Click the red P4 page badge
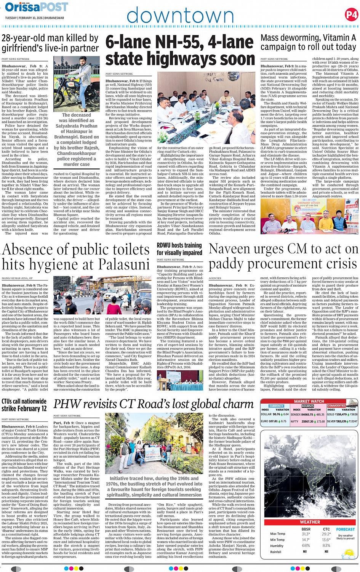pos(351,15)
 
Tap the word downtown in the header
pos(180,16)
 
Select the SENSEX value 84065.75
pos(307,414)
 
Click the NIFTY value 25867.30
pos(307,421)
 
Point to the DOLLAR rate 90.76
pos(276,414)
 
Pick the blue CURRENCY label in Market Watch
pos(276,406)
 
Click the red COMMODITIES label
pos(336,406)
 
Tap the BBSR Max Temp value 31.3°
pos(306,534)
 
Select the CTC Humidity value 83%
pos(326,545)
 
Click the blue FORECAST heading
pos(345,529)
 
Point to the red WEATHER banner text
pos(310,522)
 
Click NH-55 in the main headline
pos(179,42)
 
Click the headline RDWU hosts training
pos(179,245)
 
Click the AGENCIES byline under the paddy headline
pos(215,278)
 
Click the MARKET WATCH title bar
pos(309,401)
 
